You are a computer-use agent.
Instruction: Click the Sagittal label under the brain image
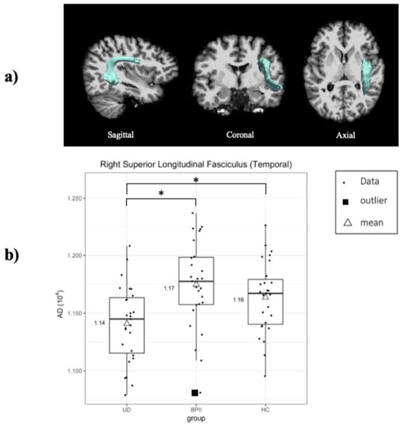coord(121,135)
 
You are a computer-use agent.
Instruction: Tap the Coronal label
coord(240,134)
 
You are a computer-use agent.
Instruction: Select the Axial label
coord(345,135)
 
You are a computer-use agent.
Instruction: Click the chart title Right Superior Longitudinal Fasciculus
coord(196,164)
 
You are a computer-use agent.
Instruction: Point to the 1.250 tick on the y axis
coord(75,198)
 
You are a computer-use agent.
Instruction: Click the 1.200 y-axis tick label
coord(75,256)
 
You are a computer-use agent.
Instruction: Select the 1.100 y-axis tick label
coord(75,371)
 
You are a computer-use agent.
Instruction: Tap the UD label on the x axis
coord(127,409)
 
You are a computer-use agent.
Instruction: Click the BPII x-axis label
coord(196,409)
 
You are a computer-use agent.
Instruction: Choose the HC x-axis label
coord(266,409)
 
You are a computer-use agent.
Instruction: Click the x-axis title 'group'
coord(196,418)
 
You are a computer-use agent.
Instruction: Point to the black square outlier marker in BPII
coord(195,393)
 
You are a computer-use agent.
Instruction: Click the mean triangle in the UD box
coord(127,323)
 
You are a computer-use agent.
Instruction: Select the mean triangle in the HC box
coord(266,297)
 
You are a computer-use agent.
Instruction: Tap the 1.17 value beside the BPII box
coord(169,288)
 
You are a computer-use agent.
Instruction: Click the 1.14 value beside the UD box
coord(100,323)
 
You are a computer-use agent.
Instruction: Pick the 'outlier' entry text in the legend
coord(373,200)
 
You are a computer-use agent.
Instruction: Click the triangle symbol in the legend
coord(348,223)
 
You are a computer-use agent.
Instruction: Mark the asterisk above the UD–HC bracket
coord(196,180)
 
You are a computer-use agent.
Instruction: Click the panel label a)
coord(12,77)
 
